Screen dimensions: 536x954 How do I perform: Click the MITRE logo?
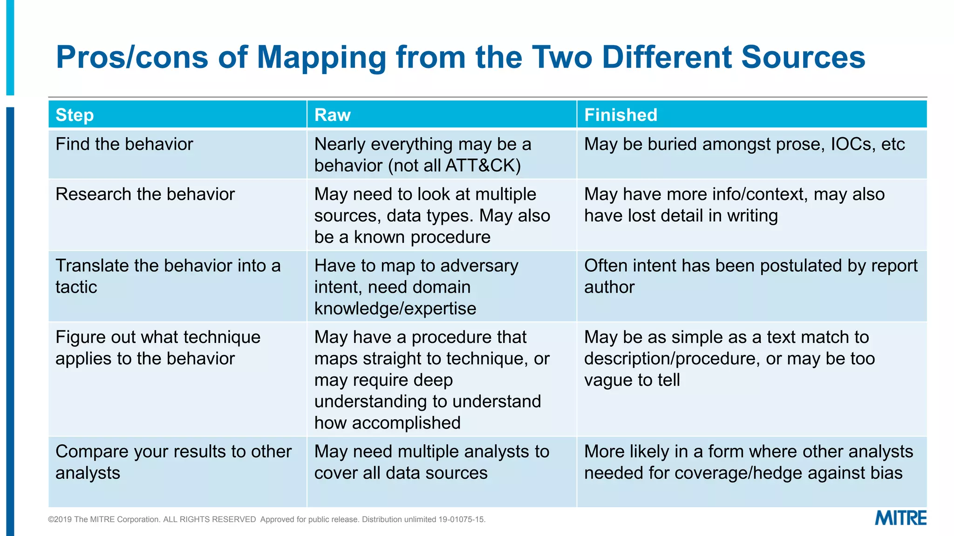click(x=900, y=518)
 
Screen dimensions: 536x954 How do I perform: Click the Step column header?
click(x=75, y=115)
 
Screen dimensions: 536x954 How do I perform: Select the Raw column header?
click(x=332, y=115)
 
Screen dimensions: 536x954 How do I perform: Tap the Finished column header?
click(x=620, y=115)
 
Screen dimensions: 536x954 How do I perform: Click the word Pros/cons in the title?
click(x=132, y=57)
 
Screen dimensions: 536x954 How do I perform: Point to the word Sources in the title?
click(x=803, y=57)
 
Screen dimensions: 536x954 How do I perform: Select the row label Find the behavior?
click(x=124, y=144)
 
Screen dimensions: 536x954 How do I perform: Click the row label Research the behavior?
click(x=145, y=194)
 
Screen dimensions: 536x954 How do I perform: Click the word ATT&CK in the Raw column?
click(x=483, y=166)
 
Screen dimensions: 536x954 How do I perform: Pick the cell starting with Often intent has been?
click(x=750, y=276)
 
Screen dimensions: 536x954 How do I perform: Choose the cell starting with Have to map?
click(x=416, y=287)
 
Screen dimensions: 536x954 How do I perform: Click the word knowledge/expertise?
click(x=395, y=308)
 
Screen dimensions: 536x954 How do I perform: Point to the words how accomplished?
click(x=387, y=423)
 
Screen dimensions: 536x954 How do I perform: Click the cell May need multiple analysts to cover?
click(x=431, y=462)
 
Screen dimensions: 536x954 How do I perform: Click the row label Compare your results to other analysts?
click(x=173, y=462)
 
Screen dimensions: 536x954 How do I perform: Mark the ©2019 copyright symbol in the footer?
click(x=51, y=520)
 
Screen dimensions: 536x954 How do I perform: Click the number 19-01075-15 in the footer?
click(x=461, y=520)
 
